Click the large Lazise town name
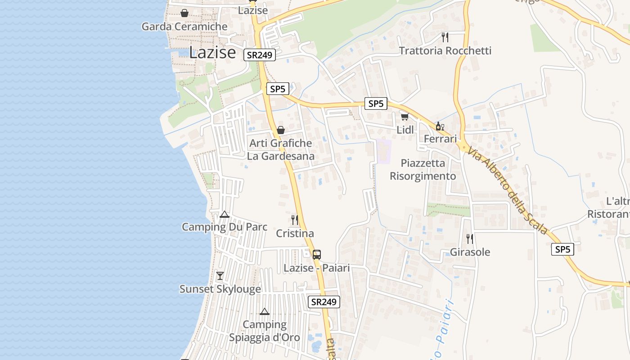click(212, 53)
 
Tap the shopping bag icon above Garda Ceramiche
click(184, 13)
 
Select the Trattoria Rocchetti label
click(445, 50)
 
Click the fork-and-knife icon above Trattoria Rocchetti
click(445, 37)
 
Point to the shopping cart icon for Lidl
click(405, 117)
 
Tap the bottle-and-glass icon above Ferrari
click(440, 126)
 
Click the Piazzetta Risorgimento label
click(423, 170)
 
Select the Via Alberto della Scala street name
click(508, 191)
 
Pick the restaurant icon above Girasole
click(470, 238)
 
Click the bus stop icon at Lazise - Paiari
click(317, 254)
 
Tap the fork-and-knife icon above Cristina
click(295, 220)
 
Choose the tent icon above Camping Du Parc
click(225, 214)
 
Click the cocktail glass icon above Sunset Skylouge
click(220, 276)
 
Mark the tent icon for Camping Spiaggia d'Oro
click(265, 311)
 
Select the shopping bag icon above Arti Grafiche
click(281, 130)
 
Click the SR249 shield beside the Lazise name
click(260, 55)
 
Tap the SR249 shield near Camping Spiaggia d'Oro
click(324, 302)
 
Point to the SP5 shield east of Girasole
click(562, 249)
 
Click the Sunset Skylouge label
click(220, 289)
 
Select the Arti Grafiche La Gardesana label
click(281, 150)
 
